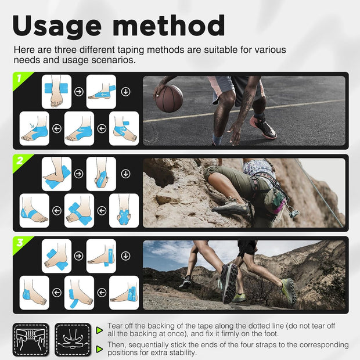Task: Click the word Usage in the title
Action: [57, 25]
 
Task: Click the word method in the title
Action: [168, 25]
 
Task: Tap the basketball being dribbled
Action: [169, 98]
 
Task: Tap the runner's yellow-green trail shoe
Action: [289, 291]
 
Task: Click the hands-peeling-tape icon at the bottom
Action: [31, 340]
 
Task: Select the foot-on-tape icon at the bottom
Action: [73, 340]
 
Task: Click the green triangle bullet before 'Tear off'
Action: [99, 330]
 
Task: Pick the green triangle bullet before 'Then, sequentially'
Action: [99, 349]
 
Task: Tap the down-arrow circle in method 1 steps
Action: [125, 92]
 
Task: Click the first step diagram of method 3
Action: [56, 255]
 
